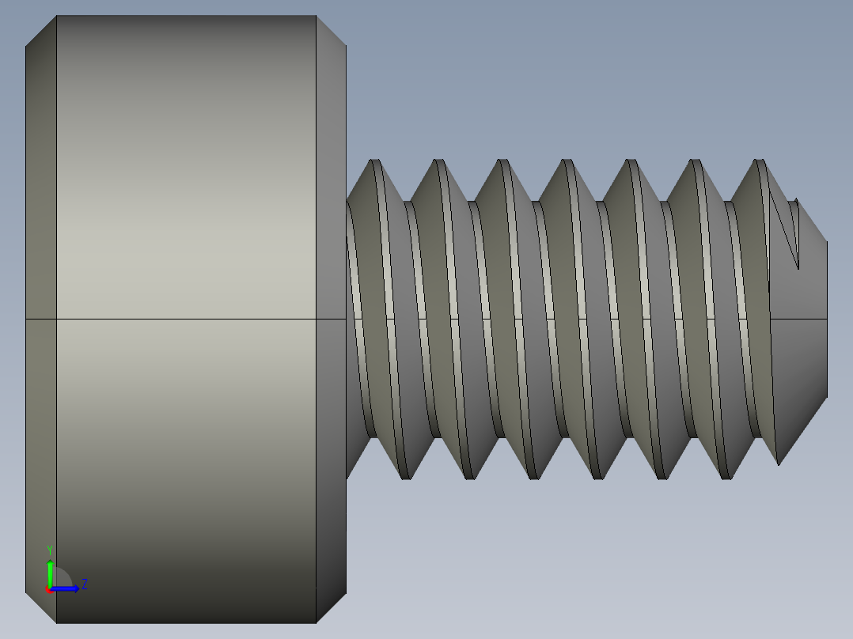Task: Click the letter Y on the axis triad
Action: [x=50, y=549]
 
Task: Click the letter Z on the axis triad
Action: [x=84, y=584]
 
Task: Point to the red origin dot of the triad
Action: [x=48, y=589]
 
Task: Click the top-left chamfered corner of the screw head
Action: [x=41, y=31]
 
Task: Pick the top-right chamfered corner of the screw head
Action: [x=331, y=31]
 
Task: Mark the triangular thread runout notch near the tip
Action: [x=788, y=229]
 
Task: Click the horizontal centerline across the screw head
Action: [x=186, y=319]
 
